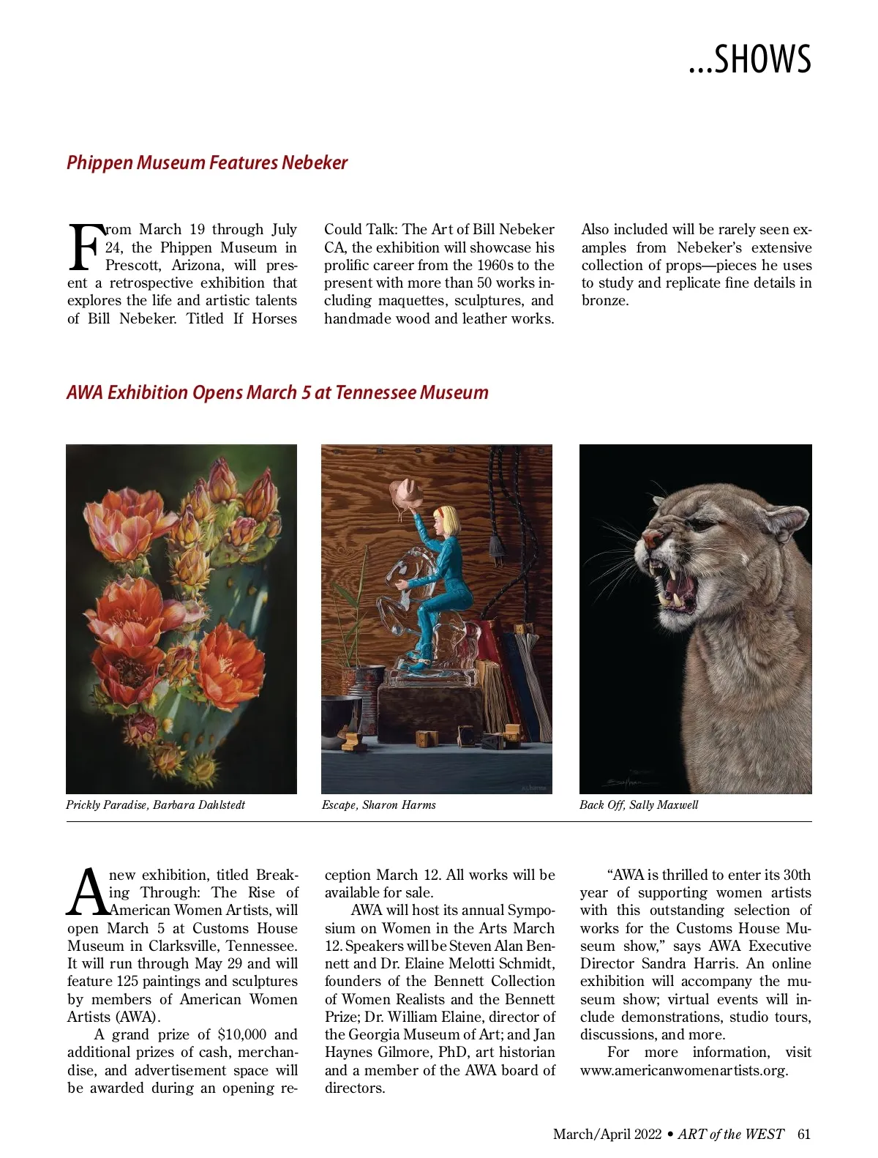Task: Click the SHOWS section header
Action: [x=750, y=59]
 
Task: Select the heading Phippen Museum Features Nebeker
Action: [x=207, y=163]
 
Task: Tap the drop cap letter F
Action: [x=84, y=247]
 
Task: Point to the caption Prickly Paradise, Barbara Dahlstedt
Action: [x=155, y=805]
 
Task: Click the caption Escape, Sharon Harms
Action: [x=378, y=805]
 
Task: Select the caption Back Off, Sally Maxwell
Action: [x=639, y=805]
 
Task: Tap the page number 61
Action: [x=804, y=1135]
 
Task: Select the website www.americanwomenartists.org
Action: [x=683, y=1070]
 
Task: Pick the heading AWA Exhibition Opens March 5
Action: [x=277, y=392]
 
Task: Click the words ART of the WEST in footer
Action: [x=730, y=1135]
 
